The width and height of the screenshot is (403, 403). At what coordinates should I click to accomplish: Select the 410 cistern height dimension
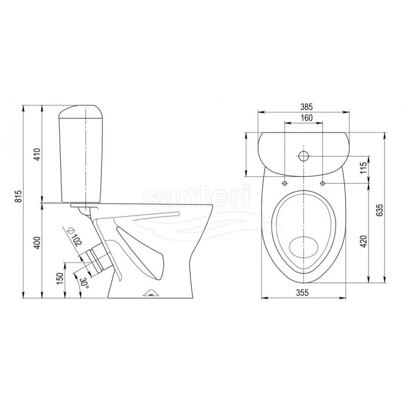coord(37,154)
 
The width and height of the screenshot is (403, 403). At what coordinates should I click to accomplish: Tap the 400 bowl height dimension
coord(37,242)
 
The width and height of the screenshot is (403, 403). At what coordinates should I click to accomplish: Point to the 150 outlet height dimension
coord(60,279)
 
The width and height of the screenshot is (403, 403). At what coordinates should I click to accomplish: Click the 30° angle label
coord(84,283)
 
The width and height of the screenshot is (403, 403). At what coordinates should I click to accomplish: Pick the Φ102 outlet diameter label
coord(75,236)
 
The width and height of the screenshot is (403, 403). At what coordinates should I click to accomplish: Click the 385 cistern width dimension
coord(304,106)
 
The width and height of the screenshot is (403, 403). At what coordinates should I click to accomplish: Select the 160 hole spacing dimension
coord(307,118)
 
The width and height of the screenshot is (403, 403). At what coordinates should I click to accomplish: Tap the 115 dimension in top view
coord(363,168)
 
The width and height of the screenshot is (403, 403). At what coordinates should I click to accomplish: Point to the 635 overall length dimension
coord(381,210)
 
